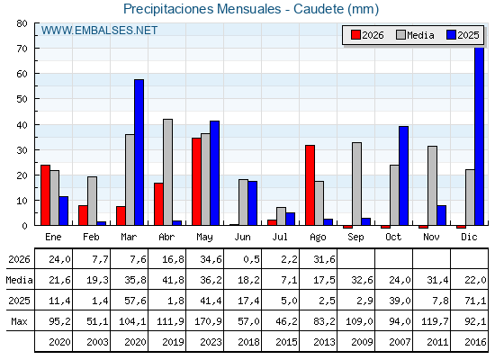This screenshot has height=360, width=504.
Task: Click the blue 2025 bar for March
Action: [x=139, y=152]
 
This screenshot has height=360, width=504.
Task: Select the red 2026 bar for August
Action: [x=310, y=185]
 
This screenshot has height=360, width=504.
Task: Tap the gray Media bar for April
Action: [x=167, y=172]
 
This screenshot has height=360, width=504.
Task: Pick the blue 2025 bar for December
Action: [x=479, y=136]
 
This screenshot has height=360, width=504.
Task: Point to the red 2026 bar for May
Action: [x=196, y=182]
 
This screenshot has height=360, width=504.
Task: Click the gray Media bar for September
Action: [x=356, y=184]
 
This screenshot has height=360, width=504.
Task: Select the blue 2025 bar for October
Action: [x=404, y=175]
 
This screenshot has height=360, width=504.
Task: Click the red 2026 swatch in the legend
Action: [x=355, y=35]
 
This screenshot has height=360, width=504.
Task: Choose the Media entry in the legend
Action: [x=415, y=35]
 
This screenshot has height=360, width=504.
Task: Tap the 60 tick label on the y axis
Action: [x=22, y=74]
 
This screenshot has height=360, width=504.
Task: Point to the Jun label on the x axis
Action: [x=242, y=237]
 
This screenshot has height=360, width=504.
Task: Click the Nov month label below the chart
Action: [x=431, y=237]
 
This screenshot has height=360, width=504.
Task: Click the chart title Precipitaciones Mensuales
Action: [x=202, y=9]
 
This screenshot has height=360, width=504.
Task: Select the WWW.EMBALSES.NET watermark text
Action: [x=99, y=31]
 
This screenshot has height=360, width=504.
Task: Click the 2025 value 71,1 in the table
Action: [x=475, y=301]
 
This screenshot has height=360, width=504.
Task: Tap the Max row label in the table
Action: [x=19, y=321]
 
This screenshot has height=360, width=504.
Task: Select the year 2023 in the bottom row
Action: [x=211, y=342]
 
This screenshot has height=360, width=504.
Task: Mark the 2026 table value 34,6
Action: [x=211, y=259]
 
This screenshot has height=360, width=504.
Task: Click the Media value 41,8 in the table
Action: [x=173, y=280]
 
